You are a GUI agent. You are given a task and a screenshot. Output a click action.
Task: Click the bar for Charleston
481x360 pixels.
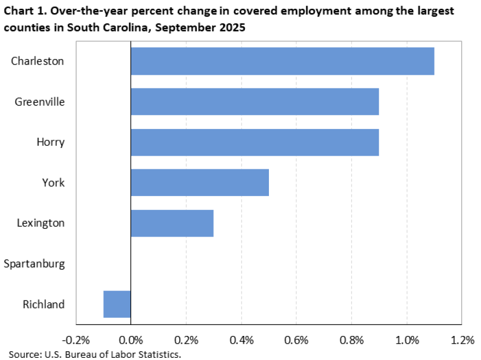(x=282, y=61)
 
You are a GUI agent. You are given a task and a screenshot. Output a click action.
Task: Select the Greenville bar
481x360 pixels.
(x=255, y=102)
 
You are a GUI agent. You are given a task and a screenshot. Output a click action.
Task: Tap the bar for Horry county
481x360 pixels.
(x=255, y=142)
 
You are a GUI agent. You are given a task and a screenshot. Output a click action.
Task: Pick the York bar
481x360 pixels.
(x=200, y=182)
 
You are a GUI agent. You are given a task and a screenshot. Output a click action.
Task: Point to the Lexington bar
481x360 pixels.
(x=172, y=223)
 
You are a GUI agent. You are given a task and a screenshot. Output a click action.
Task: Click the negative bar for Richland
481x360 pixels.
(x=117, y=304)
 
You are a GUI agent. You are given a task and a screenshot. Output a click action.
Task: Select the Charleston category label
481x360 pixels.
(x=38, y=61)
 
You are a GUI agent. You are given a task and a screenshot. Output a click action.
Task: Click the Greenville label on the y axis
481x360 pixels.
(x=40, y=102)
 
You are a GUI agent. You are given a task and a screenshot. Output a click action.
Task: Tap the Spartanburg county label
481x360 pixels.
(x=34, y=264)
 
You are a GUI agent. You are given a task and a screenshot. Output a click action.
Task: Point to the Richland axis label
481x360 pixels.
(x=44, y=304)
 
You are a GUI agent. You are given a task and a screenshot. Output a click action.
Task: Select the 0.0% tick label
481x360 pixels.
(x=131, y=340)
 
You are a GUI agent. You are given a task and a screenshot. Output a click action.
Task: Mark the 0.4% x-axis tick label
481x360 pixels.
(x=241, y=340)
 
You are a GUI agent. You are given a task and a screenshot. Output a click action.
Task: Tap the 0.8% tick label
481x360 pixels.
(x=351, y=340)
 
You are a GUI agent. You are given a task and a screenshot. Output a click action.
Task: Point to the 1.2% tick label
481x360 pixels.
(x=462, y=340)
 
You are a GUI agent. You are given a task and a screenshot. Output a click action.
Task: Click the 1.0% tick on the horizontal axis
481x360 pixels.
(x=407, y=340)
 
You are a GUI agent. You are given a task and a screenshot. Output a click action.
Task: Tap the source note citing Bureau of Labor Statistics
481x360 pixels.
(x=94, y=355)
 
